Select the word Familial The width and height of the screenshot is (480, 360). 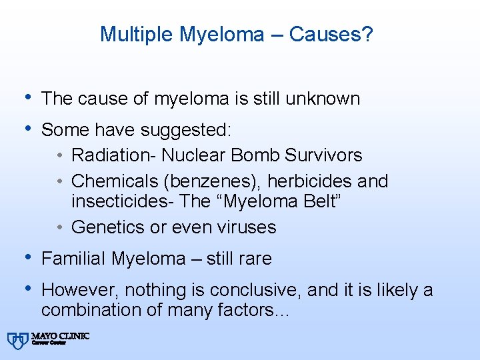click(x=74, y=258)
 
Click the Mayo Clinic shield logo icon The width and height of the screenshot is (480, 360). click(x=17, y=340)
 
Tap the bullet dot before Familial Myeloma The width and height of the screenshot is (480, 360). click(x=26, y=257)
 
